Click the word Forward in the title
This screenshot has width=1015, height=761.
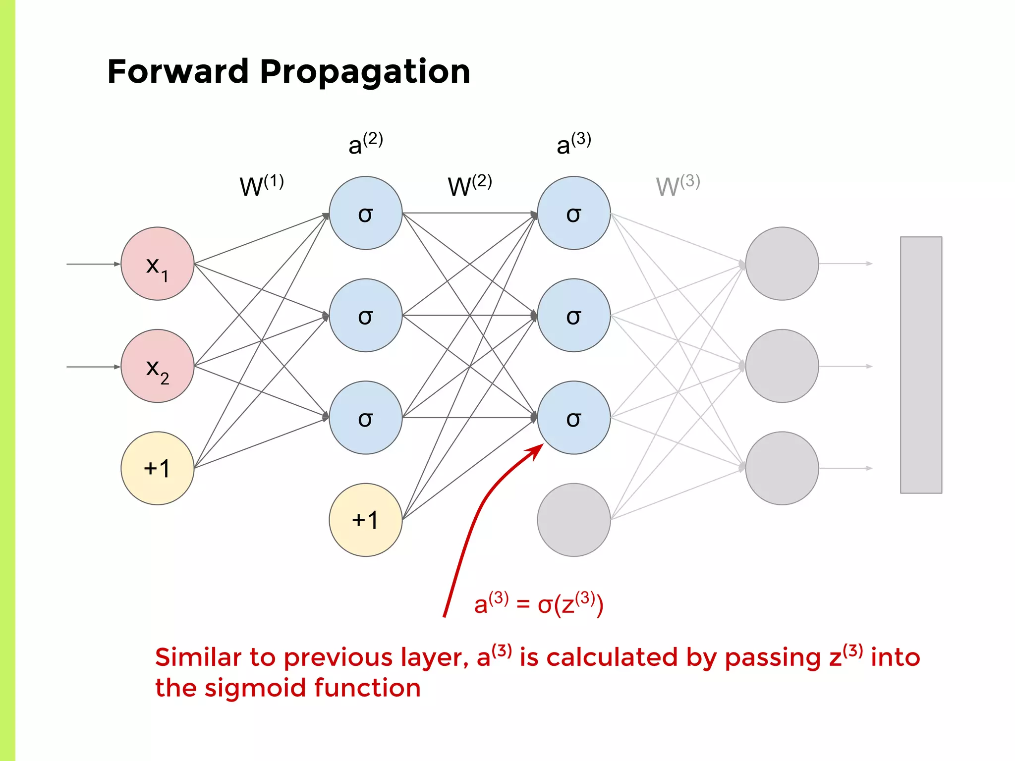point(177,72)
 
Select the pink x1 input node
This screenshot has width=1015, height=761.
point(157,264)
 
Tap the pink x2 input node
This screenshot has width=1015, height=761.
point(157,366)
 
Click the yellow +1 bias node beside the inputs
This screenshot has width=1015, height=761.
point(157,468)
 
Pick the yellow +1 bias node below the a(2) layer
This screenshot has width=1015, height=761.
point(365,520)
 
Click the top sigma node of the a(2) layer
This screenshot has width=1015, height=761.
point(365,213)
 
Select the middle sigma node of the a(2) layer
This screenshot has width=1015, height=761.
point(365,315)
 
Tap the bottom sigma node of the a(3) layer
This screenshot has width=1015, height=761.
point(573,418)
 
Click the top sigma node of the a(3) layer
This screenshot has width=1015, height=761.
point(573,213)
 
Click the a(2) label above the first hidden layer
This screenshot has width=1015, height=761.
point(365,144)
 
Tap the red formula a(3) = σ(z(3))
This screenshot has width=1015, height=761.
point(538,604)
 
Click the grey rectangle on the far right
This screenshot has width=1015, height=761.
point(921,365)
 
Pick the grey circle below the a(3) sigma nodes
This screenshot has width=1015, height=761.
point(573,520)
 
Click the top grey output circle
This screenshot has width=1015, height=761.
point(782,264)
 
